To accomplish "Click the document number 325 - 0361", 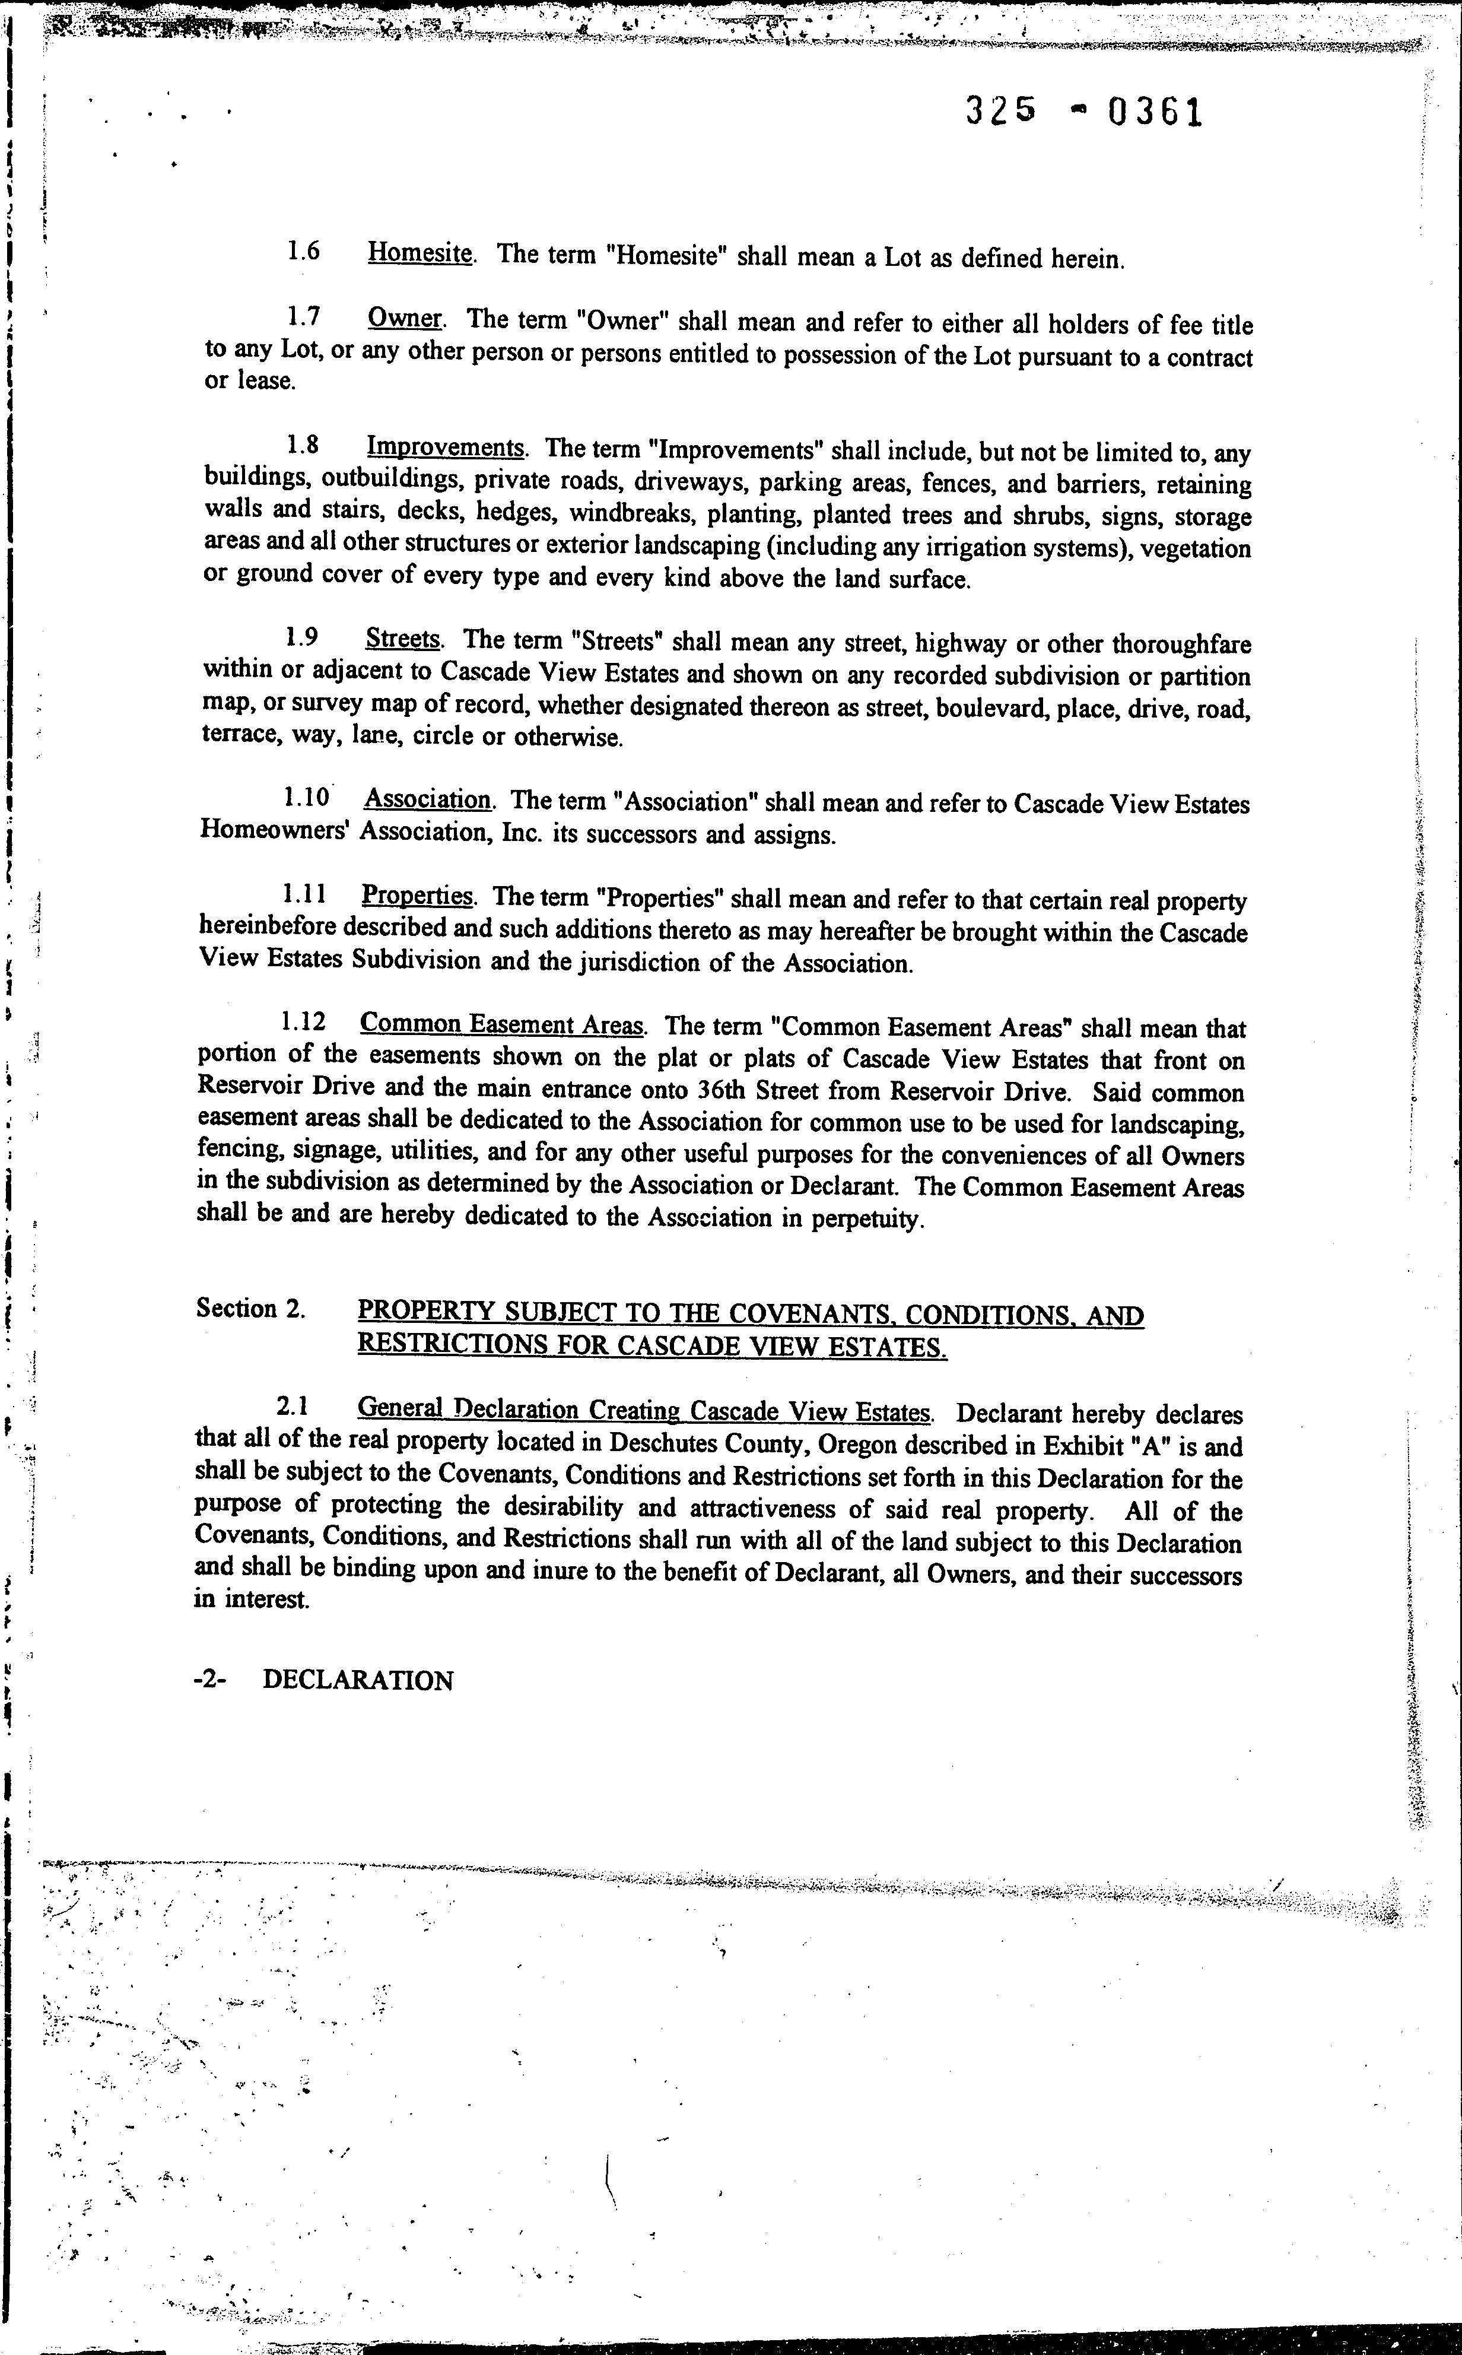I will (x=1084, y=114).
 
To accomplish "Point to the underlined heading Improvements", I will (x=446, y=447).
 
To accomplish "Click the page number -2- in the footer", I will (x=210, y=1680).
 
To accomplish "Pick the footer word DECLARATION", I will (x=358, y=1681).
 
